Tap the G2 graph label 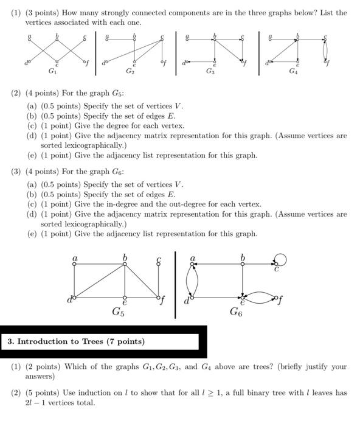pyautogui.click(x=130, y=72)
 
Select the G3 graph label pyautogui.click(x=210, y=72)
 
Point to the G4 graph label pyautogui.click(x=293, y=72)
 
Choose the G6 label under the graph pyautogui.click(x=236, y=312)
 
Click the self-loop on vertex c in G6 pyautogui.click(x=280, y=260)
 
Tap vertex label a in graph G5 pyautogui.click(x=75, y=259)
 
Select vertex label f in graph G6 pyautogui.click(x=280, y=300)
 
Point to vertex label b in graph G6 pyautogui.click(x=243, y=258)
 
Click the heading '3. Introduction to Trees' pyautogui.click(x=76, y=341)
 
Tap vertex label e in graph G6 pyautogui.click(x=242, y=302)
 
